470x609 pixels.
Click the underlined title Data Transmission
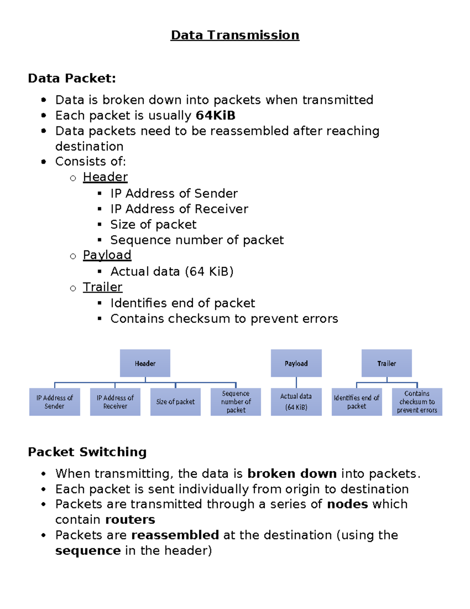tap(235, 35)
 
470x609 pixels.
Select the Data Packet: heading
tap(72, 78)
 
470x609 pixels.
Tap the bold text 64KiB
tap(215, 116)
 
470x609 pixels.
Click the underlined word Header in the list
tap(105, 177)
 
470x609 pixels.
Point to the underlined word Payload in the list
tap(107, 255)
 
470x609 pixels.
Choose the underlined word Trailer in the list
tap(103, 287)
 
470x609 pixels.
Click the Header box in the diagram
tap(145, 363)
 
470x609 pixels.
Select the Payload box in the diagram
tap(296, 363)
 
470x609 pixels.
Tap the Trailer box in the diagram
tap(387, 363)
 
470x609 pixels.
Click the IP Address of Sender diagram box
tap(54, 402)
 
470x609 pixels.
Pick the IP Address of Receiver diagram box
tap(115, 402)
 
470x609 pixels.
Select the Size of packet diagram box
tap(175, 402)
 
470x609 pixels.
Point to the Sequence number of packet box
tap(236, 402)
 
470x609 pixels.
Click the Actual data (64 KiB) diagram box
tap(296, 402)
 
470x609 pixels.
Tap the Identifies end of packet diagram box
tap(356, 402)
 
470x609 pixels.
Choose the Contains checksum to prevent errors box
tap(417, 402)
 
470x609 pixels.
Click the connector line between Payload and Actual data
tap(296, 382)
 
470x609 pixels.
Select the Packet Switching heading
tap(87, 452)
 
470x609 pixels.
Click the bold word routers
tap(130, 520)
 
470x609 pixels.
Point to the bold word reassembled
tap(175, 535)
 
